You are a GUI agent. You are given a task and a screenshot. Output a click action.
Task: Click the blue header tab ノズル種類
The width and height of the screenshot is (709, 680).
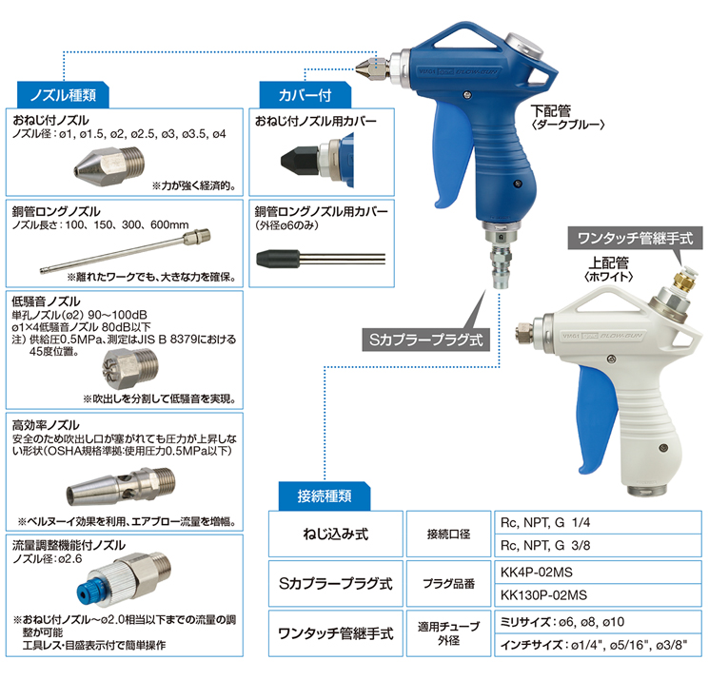point(63,95)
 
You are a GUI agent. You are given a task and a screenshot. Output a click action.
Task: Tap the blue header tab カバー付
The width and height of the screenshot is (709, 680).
point(305,95)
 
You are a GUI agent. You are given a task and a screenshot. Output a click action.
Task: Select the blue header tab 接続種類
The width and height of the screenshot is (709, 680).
point(325,496)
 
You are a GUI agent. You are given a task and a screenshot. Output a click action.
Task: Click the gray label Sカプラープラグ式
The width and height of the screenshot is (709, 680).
point(426,340)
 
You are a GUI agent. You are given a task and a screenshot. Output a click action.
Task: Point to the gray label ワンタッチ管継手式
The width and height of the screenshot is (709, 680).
point(636,238)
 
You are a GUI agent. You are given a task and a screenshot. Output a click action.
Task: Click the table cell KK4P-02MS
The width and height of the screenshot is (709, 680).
point(599,573)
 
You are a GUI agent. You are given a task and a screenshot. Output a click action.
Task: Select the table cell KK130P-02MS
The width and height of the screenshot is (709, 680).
point(599,595)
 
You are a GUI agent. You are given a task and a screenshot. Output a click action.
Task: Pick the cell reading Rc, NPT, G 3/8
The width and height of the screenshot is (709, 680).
point(599,545)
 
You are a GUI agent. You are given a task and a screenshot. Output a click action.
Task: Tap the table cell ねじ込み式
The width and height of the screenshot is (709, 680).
point(336,534)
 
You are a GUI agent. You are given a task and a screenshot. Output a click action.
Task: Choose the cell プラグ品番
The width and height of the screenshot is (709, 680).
point(448,584)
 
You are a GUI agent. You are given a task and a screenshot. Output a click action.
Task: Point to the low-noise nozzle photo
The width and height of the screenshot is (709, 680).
point(130,368)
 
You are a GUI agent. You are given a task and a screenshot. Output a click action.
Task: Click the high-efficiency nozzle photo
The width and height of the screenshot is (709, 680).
point(121,487)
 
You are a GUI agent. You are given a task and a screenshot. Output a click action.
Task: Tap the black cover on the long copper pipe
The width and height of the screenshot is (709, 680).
point(278,259)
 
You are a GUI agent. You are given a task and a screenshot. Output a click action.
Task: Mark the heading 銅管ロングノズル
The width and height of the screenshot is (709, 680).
point(56,211)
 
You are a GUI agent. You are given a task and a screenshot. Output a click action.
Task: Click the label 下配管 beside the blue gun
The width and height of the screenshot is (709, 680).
point(551,110)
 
